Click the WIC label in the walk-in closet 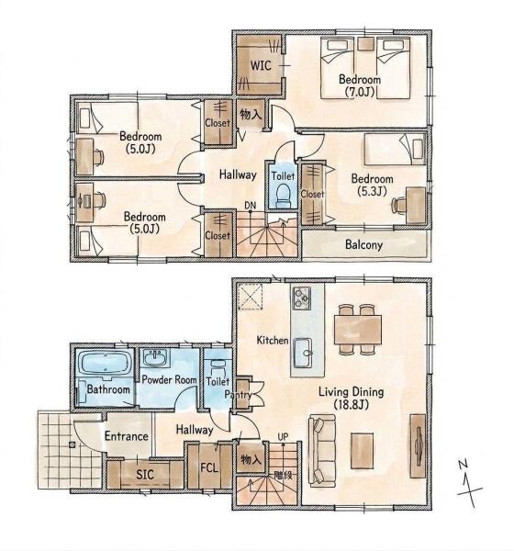261,65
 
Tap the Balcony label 363,244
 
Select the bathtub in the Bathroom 105,364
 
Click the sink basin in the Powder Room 156,358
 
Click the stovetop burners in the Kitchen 301,298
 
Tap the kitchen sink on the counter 303,353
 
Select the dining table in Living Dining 358,330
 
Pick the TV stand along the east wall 418,446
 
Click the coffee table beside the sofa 363,451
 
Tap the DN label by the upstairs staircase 251,205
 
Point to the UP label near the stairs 283,437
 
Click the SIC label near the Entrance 145,475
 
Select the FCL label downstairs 209,467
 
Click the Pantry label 238,395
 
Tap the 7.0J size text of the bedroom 358,92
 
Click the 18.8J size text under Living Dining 351,405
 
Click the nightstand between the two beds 365,43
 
